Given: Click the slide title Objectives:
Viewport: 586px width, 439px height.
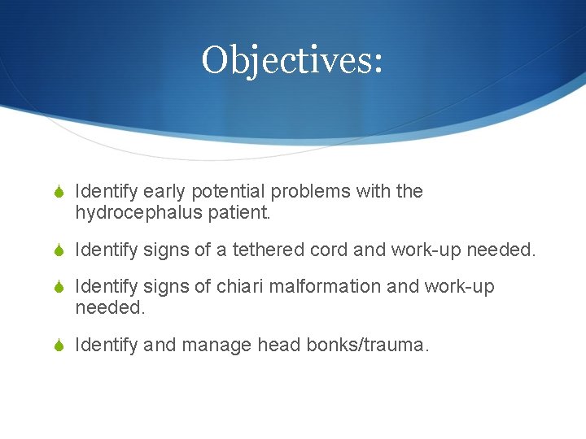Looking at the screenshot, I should click(292, 59).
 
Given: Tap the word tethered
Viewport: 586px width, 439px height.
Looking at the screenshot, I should click(267, 250).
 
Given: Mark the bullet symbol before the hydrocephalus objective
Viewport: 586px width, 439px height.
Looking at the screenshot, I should click(59, 193).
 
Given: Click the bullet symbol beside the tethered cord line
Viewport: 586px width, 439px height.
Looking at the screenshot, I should click(59, 251).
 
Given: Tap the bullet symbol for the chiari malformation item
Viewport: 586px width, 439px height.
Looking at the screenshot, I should click(59, 288).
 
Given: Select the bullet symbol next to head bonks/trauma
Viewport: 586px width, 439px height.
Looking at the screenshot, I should click(59, 346).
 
